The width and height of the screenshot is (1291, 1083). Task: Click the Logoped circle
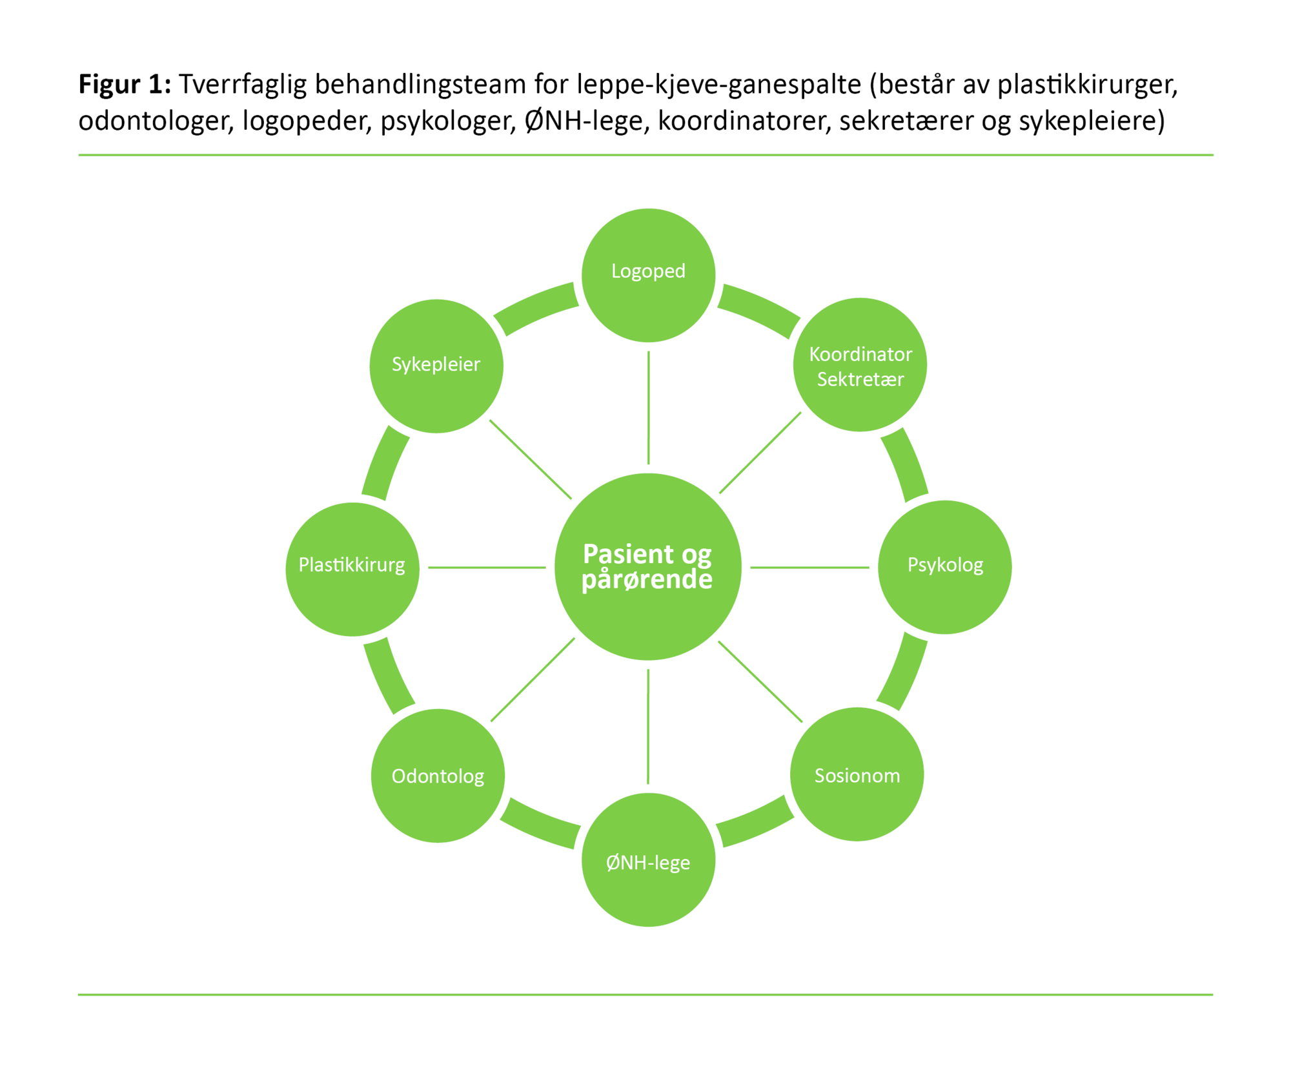(648, 275)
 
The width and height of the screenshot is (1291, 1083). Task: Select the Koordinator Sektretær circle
(860, 365)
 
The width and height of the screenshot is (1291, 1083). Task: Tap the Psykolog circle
(944, 567)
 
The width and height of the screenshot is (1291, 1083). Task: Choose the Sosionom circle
(857, 774)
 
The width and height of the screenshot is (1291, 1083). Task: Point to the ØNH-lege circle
(648, 860)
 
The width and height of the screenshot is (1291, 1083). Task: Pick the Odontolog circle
(438, 775)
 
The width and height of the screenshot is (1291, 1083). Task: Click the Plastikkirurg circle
(352, 568)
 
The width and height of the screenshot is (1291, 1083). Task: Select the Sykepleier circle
(436, 366)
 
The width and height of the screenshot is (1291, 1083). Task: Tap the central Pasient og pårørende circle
(647, 566)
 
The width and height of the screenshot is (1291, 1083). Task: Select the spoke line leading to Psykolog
(809, 567)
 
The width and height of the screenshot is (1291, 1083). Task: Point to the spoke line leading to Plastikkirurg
(487, 567)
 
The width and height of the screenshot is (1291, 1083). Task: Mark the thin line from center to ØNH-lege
(648, 727)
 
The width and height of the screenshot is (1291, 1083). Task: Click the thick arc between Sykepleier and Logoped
(536, 308)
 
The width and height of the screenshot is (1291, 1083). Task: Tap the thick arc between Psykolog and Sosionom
(904, 672)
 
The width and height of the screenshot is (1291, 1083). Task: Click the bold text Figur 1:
(125, 85)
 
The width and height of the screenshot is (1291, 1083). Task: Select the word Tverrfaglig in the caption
(243, 85)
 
